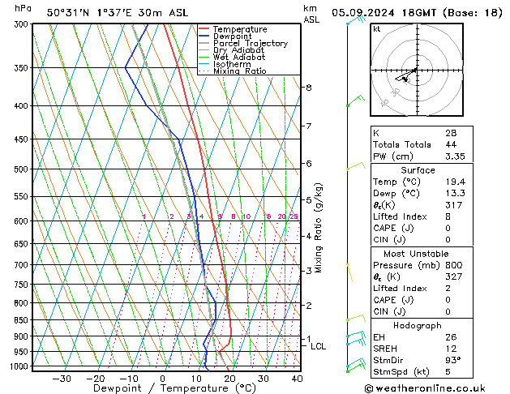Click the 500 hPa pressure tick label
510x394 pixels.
click(21, 169)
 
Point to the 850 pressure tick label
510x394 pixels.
click(21, 320)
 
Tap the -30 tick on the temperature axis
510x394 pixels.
click(62, 378)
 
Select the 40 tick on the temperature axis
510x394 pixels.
click(297, 378)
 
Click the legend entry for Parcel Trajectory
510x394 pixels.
click(250, 43)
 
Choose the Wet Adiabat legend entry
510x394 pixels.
click(241, 57)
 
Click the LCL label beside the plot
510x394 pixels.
click(318, 346)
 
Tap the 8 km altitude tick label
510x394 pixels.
click(308, 88)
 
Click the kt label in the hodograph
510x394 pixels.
click(376, 29)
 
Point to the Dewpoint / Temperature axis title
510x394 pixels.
click(164, 389)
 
